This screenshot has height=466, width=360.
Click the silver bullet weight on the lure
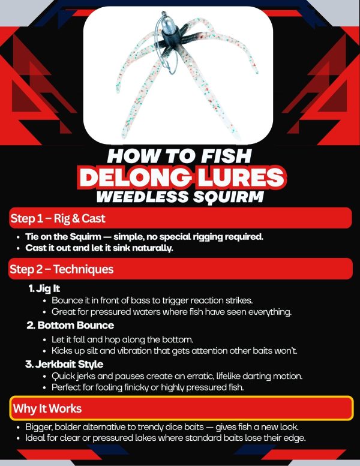(167, 25)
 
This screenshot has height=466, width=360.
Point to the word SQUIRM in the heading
(229, 197)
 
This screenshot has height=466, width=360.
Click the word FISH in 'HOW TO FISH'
(227, 156)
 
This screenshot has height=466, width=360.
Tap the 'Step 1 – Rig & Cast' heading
(58, 218)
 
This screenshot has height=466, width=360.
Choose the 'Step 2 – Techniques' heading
(62, 269)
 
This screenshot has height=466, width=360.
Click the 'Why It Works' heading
(47, 408)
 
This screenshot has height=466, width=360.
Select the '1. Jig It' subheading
(44, 288)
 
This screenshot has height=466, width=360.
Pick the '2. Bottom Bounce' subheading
(70, 326)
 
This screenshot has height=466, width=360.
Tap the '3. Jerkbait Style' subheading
(65, 365)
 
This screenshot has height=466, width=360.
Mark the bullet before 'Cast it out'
(19, 248)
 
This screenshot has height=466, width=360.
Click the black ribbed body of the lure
(172, 40)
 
